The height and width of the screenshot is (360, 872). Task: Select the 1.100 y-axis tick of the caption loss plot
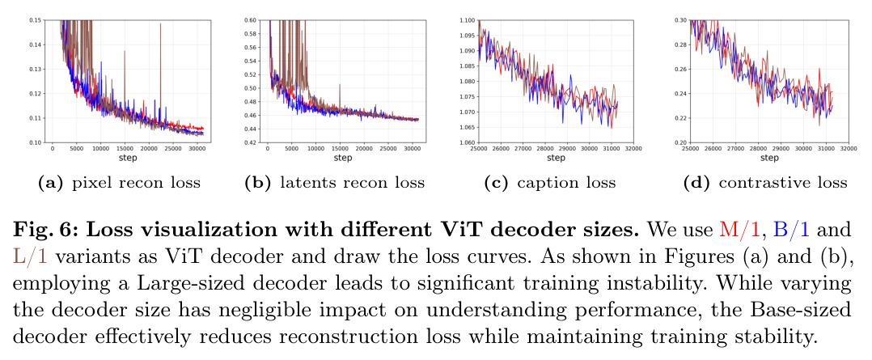pyautogui.click(x=468, y=20)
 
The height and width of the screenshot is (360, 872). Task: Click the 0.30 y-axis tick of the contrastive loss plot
pyautogui.click(x=681, y=20)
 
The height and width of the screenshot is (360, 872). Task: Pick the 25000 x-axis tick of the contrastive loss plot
pyautogui.click(x=689, y=149)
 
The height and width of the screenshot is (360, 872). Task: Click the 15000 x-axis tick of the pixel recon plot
pyautogui.click(x=125, y=149)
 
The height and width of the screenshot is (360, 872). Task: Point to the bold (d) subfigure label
pyautogui.click(x=701, y=183)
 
